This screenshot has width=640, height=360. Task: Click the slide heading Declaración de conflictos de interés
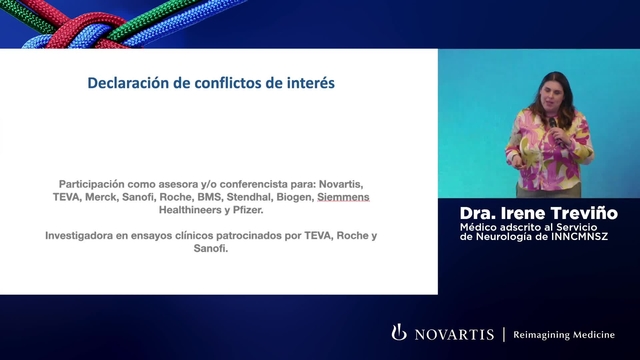coord(211,83)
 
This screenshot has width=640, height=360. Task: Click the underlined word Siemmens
coord(343,198)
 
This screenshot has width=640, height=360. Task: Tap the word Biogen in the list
coord(291,198)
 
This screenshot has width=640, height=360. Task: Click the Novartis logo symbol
coord(399,332)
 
